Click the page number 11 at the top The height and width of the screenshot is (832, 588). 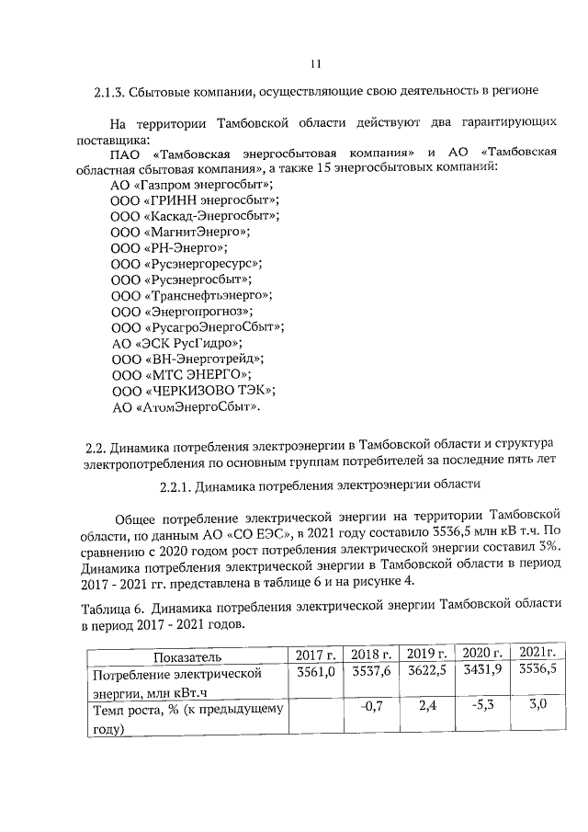point(315,63)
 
